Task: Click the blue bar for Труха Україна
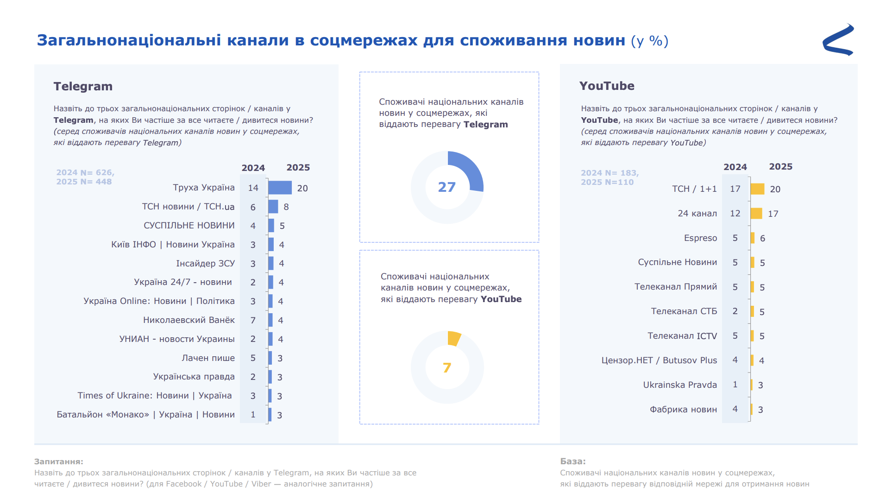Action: click(x=280, y=188)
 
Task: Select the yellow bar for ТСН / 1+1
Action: click(x=757, y=189)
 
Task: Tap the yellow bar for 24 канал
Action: click(x=756, y=214)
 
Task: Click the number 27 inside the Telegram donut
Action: click(x=447, y=187)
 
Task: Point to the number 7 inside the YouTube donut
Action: click(x=447, y=368)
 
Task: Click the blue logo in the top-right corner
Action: click(x=838, y=40)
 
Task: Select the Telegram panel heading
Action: click(x=83, y=86)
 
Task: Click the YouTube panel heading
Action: click(x=607, y=86)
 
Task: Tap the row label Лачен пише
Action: click(x=208, y=358)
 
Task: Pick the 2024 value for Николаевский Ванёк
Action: click(x=253, y=320)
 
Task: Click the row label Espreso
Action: click(x=700, y=238)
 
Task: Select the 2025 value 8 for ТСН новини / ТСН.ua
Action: click(x=286, y=207)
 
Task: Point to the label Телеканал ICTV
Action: click(x=682, y=336)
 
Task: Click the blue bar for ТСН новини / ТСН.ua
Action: click(x=273, y=207)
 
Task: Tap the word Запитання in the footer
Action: click(x=58, y=461)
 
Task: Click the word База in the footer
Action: click(x=572, y=461)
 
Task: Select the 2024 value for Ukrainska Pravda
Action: click(x=735, y=385)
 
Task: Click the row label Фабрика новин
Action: click(x=683, y=410)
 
